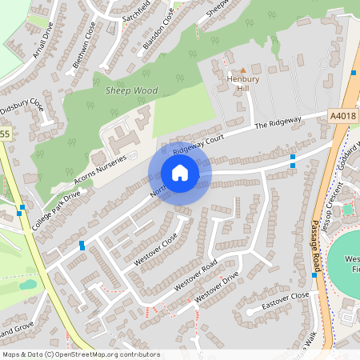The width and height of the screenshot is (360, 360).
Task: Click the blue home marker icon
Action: [180, 173]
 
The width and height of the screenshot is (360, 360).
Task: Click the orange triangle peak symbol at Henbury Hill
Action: [243, 70]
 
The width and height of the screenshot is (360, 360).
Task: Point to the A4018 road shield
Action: [343, 117]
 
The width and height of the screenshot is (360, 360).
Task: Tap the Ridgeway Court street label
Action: [195, 142]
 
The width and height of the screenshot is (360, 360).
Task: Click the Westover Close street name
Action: [156, 251]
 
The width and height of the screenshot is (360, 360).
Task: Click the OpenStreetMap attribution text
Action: [81, 354]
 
